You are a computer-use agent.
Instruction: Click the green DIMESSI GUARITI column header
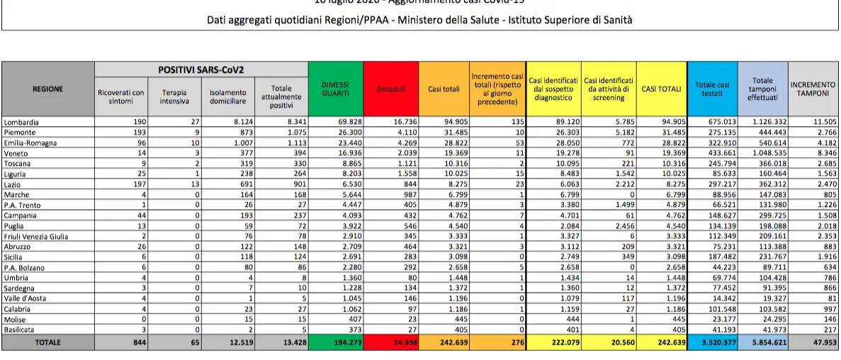(336, 89)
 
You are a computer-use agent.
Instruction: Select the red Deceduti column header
(391, 89)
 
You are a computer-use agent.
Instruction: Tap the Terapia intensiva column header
(174, 97)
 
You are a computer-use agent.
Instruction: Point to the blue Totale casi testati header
(712, 89)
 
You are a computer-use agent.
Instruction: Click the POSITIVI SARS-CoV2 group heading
(201, 69)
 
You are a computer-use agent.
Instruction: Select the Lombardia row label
(21, 122)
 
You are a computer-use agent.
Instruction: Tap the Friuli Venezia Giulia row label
(35, 236)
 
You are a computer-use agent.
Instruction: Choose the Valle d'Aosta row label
(24, 299)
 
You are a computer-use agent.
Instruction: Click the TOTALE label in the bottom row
(47, 342)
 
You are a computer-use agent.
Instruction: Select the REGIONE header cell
(47, 89)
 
